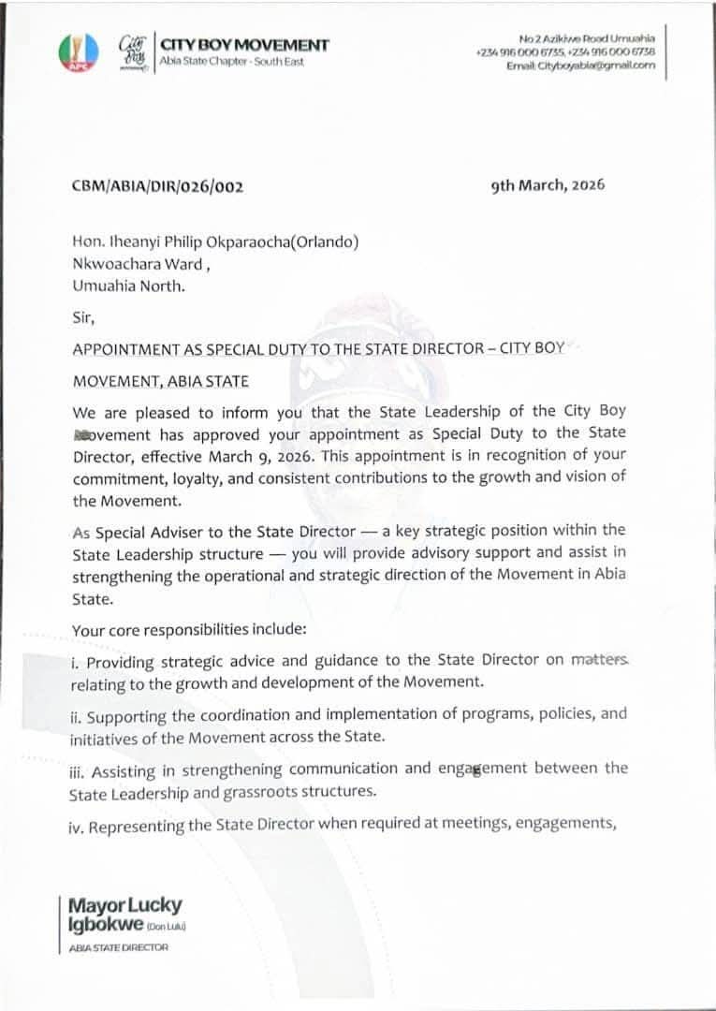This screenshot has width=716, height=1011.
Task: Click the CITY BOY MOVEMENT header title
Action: click(x=245, y=45)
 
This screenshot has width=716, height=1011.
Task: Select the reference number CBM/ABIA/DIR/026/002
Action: click(x=157, y=186)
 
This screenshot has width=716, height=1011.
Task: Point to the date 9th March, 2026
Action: click(x=548, y=184)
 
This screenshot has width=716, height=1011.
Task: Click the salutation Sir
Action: click(x=83, y=317)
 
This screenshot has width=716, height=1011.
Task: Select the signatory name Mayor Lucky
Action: click(x=125, y=905)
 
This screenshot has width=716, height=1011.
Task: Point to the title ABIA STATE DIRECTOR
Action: click(x=119, y=947)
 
